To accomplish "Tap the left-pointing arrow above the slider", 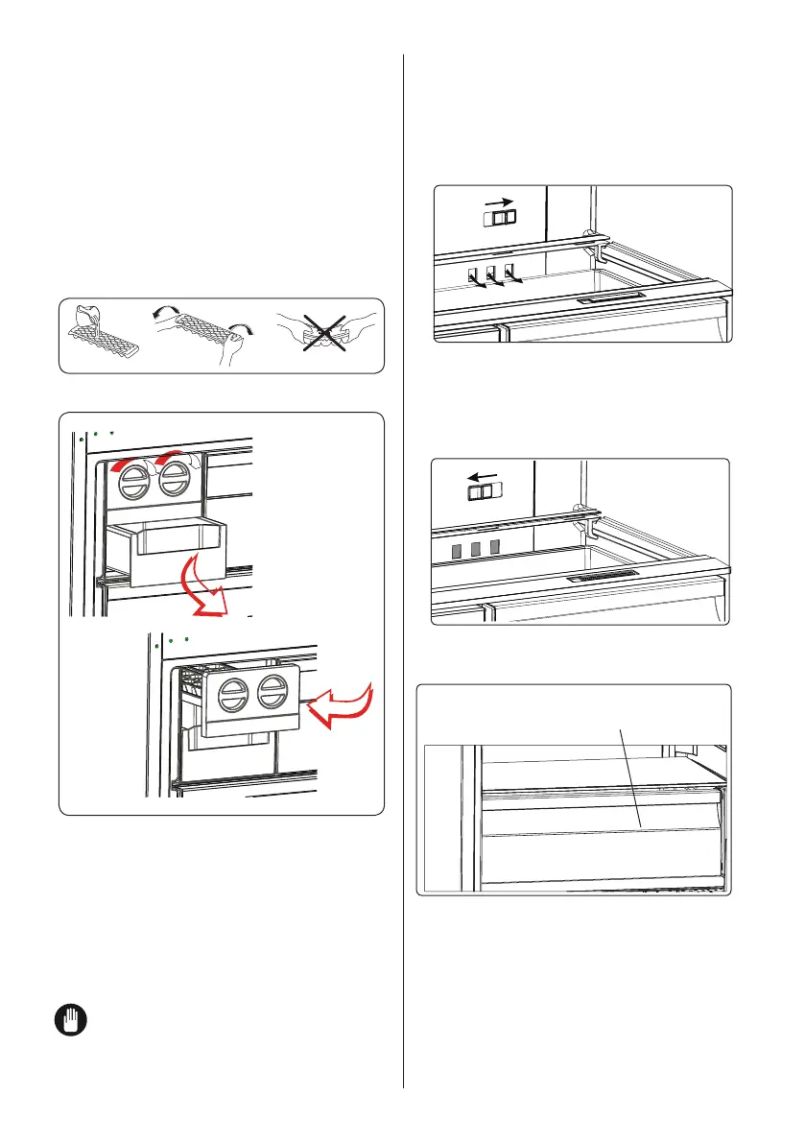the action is click(x=484, y=473).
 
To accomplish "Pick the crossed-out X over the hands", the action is click(x=327, y=332).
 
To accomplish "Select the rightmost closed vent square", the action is click(x=495, y=547).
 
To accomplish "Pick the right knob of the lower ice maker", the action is click(x=274, y=691).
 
